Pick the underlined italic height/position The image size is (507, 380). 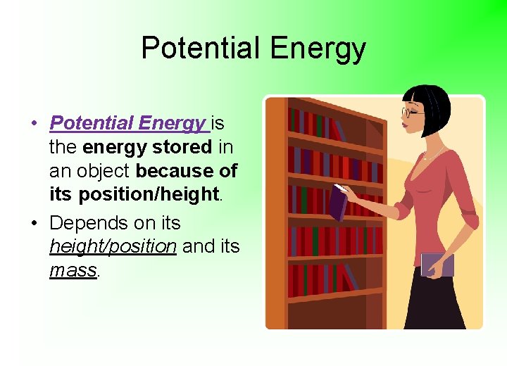113,247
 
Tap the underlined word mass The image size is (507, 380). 73,271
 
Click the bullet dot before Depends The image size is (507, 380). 34,224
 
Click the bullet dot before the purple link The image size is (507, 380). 34,124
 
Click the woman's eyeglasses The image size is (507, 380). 411,112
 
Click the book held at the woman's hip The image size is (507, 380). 437,264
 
